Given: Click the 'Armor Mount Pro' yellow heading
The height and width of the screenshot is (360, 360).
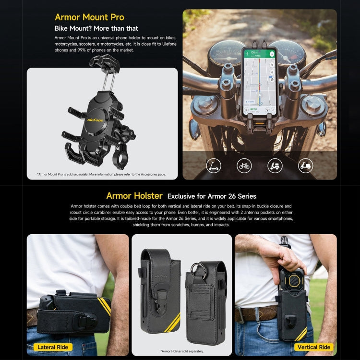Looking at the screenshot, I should click(x=89, y=17).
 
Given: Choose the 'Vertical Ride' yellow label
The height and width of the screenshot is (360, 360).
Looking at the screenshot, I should click(x=313, y=347).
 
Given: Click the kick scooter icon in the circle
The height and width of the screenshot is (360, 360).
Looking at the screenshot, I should click(x=214, y=166).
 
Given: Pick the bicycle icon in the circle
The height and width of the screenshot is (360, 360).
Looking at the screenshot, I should click(x=244, y=166).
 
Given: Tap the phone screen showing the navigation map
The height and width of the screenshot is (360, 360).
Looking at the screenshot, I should click(x=259, y=77).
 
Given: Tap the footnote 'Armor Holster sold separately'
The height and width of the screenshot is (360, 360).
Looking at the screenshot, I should click(x=182, y=351).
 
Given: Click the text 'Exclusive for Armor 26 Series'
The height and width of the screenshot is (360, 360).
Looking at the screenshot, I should click(x=212, y=196).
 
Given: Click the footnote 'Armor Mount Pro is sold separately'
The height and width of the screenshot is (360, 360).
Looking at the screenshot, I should click(x=101, y=174).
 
